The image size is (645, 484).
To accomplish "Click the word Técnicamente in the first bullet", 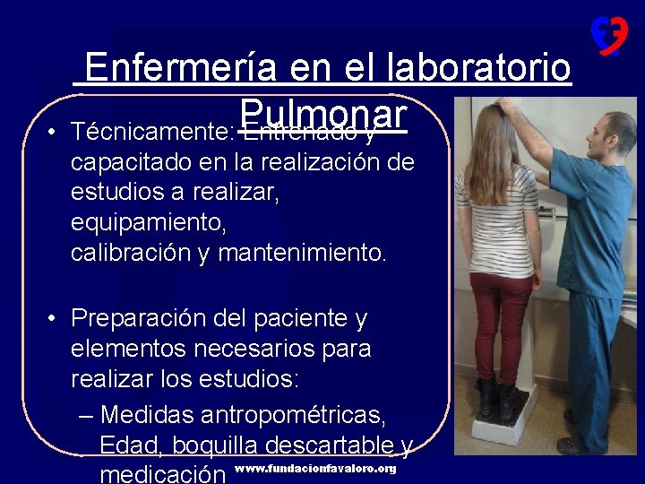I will (152, 134).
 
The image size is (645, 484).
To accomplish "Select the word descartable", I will (349, 445).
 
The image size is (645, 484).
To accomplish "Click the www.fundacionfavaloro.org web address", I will (314, 469).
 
